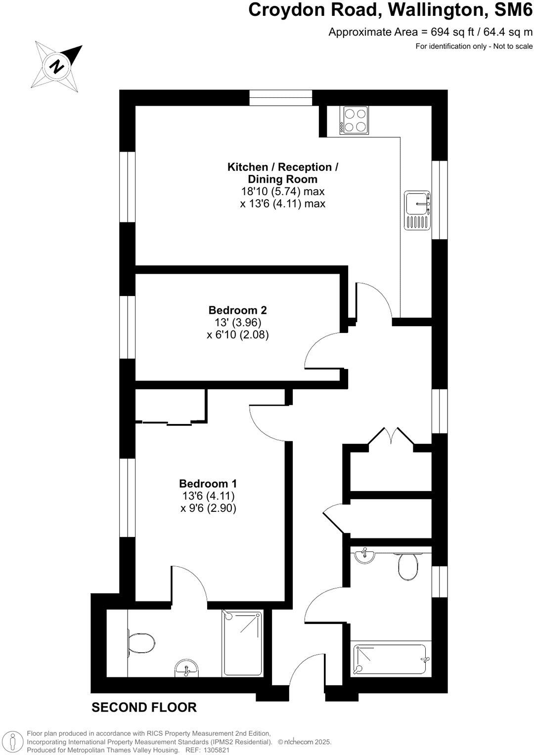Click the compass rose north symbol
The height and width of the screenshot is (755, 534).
57,66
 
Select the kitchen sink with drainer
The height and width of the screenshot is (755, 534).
417,210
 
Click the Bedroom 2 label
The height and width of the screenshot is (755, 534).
237,310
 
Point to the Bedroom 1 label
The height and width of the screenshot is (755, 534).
208,483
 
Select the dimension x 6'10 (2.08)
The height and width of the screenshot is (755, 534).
237,335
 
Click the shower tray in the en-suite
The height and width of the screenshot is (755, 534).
242,642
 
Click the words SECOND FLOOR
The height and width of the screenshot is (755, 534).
144,708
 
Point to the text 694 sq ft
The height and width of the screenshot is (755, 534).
443,33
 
